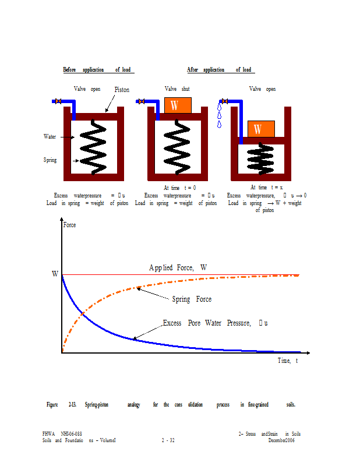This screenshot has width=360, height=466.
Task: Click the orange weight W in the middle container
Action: (x=178, y=105)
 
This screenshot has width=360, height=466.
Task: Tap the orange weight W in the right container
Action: (x=260, y=129)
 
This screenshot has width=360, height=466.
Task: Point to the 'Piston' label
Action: (x=122, y=90)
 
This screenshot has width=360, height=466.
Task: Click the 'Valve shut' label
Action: (x=177, y=89)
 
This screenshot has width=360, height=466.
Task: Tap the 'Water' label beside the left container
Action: (x=51, y=137)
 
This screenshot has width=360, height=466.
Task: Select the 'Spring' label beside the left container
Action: (x=51, y=160)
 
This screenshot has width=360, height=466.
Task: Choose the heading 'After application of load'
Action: (x=219, y=70)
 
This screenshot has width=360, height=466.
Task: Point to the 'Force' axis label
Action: (x=69, y=225)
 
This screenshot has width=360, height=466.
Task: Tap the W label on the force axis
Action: (x=55, y=274)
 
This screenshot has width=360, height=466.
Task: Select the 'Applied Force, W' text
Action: (x=178, y=267)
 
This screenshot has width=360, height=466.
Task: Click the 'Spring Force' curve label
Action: (x=192, y=299)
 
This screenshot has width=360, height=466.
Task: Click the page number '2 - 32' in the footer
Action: (x=169, y=440)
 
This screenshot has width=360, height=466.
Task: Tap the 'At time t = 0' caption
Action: (x=179, y=188)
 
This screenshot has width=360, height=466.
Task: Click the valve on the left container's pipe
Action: (x=58, y=101)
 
